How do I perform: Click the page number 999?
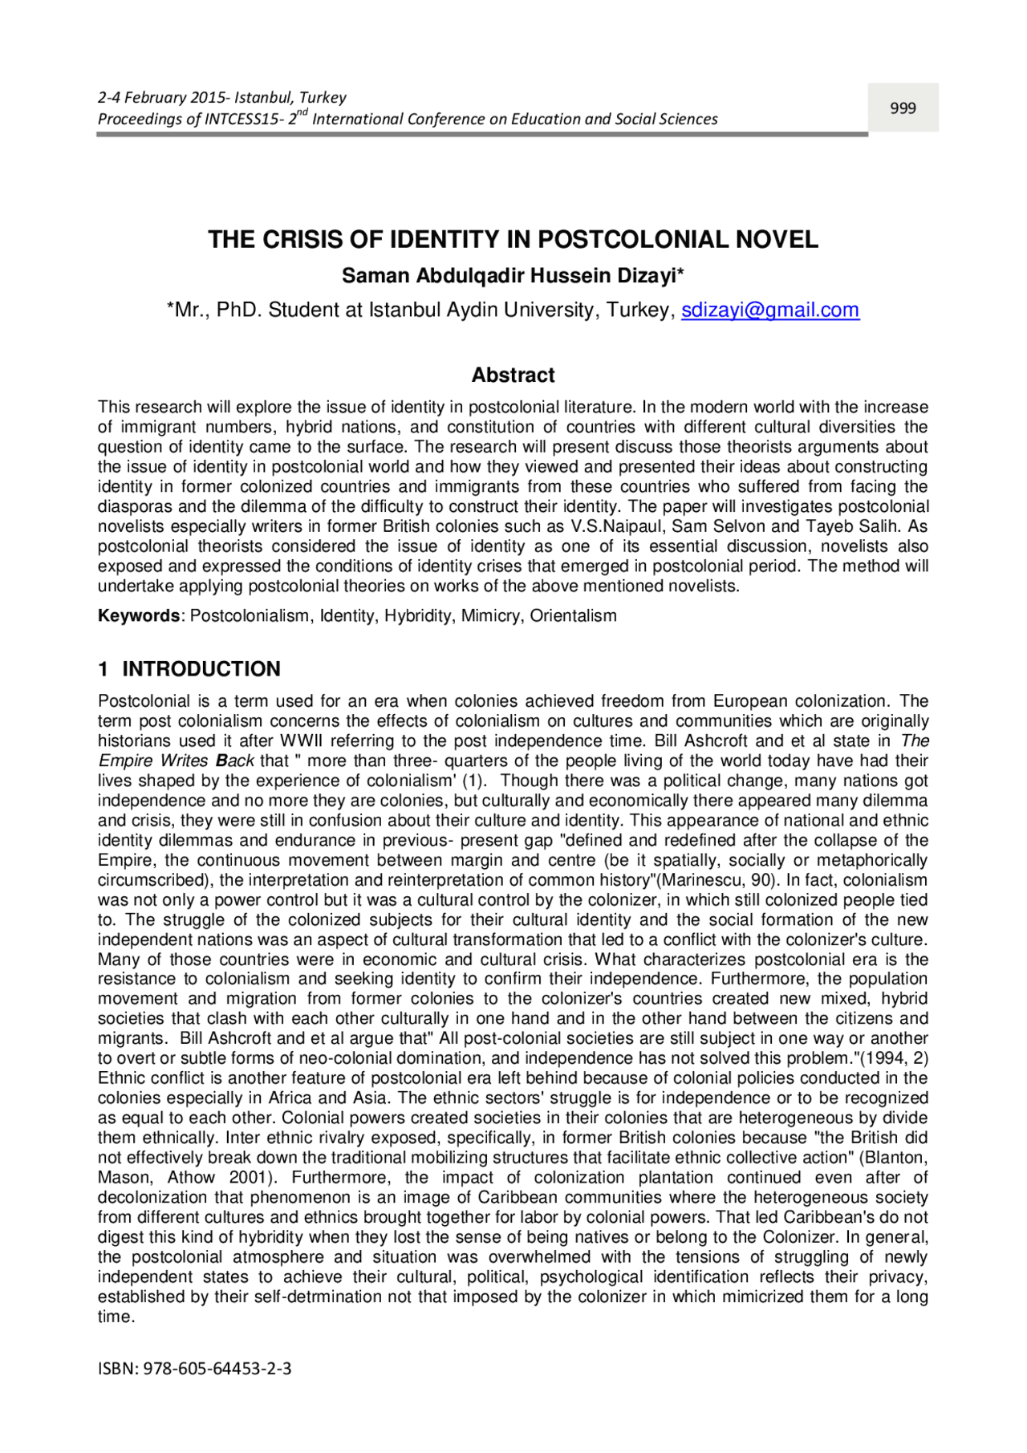click(903, 108)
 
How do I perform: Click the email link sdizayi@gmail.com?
click(770, 310)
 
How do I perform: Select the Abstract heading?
click(513, 375)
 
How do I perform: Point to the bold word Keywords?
click(139, 616)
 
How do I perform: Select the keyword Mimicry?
click(489, 616)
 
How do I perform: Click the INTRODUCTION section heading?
click(201, 669)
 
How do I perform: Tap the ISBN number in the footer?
click(217, 1369)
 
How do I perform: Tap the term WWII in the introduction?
click(301, 741)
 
